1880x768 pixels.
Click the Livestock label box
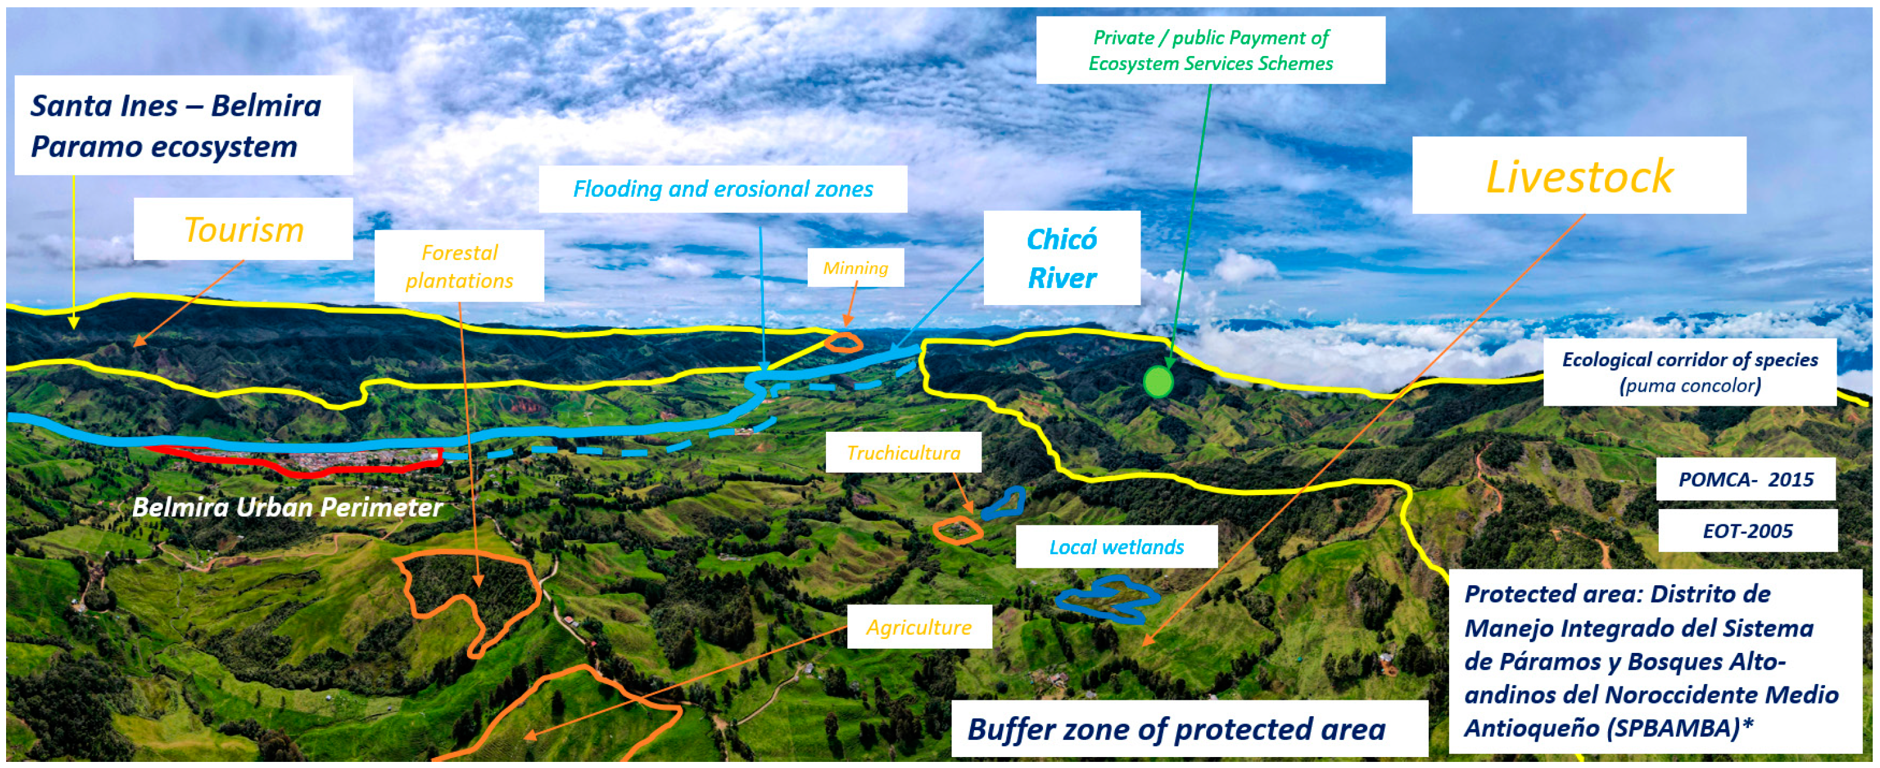point(1579,176)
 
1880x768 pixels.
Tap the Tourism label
point(243,229)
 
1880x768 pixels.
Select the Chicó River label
point(1061,258)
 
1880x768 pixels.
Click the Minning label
point(855,267)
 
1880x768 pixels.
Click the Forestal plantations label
point(459,266)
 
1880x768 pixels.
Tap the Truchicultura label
point(903,453)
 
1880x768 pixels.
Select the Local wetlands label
point(1116,547)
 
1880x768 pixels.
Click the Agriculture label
point(919,627)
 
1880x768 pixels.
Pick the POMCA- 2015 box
point(1745,479)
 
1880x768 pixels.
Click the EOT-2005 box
point(1747,531)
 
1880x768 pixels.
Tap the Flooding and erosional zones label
point(722,189)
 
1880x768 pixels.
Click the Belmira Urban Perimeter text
point(288,507)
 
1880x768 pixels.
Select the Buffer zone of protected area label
point(1176,728)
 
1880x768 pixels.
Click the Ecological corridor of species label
point(1690,372)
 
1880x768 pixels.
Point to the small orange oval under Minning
point(843,342)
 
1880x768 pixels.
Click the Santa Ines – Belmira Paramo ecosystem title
point(176,125)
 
